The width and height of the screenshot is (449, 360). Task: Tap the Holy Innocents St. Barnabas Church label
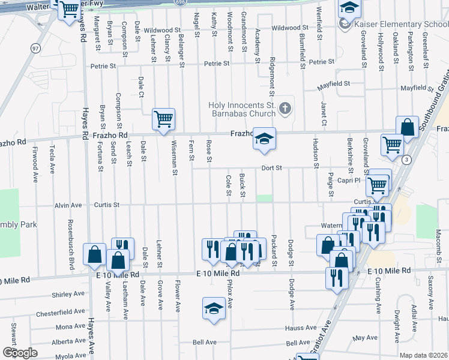(x=242, y=109)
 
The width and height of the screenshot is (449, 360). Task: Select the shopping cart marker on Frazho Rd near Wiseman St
(x=163, y=119)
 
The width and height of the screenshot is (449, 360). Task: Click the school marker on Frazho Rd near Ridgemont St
(x=263, y=138)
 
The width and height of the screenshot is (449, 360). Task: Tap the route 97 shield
(x=35, y=47)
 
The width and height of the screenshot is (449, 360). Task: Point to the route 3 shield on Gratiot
(x=407, y=159)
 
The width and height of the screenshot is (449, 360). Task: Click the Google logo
(x=20, y=352)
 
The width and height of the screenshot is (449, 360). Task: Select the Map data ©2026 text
(x=423, y=355)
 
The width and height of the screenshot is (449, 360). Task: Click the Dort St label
(x=271, y=168)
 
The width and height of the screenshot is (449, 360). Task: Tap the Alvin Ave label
(x=68, y=205)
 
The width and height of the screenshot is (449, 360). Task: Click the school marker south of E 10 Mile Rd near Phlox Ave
(x=214, y=308)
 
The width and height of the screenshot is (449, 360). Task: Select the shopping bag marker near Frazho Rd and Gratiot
(x=407, y=128)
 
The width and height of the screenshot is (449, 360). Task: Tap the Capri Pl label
(x=348, y=179)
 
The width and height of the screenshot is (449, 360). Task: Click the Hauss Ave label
(x=301, y=328)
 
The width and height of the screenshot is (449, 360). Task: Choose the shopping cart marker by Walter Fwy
(x=70, y=9)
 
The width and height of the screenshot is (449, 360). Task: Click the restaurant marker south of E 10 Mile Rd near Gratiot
(x=336, y=278)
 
